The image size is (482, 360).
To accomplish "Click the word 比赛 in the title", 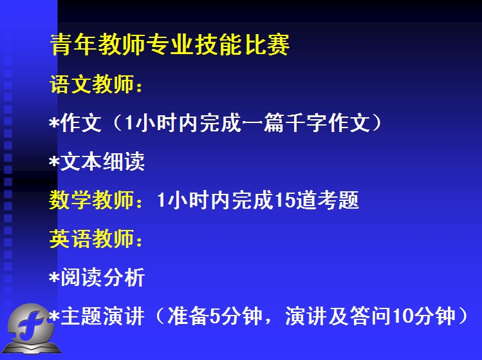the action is [267, 44].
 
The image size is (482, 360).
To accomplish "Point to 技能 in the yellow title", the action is [218, 44].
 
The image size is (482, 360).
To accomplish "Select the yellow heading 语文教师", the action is [91, 84].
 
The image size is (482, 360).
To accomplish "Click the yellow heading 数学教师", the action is [91, 200].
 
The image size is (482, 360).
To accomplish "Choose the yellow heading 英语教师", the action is [91, 238].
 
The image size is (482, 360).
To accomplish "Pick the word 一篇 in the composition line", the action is [263, 122].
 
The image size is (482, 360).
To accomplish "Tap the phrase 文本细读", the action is [102, 161].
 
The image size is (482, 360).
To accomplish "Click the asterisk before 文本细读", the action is [54, 160].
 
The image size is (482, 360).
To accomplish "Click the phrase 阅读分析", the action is [102, 277].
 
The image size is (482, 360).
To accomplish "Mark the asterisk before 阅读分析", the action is [54, 277].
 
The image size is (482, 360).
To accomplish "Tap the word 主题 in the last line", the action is [81, 316].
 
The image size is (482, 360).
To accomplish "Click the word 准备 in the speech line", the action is [188, 316].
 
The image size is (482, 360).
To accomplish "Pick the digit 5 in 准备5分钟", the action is [214, 316].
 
